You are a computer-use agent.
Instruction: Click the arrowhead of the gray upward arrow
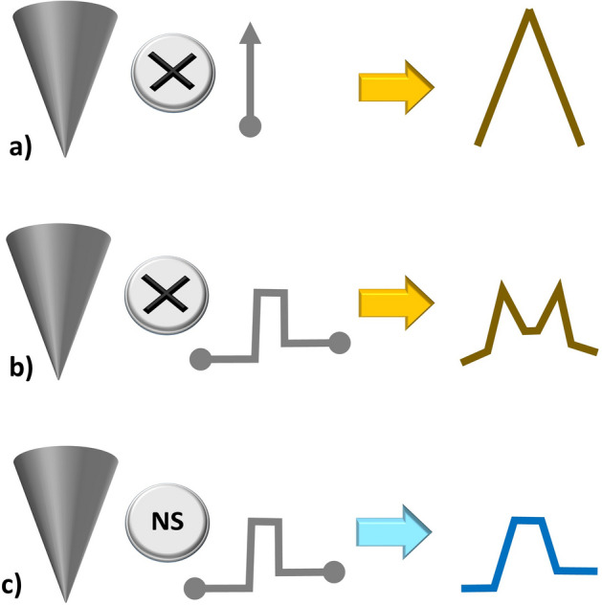click(x=250, y=34)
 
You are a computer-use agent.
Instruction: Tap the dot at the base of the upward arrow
click(x=250, y=125)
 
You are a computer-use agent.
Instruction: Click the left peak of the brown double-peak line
click(x=506, y=286)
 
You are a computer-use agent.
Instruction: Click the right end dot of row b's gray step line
click(x=338, y=341)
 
